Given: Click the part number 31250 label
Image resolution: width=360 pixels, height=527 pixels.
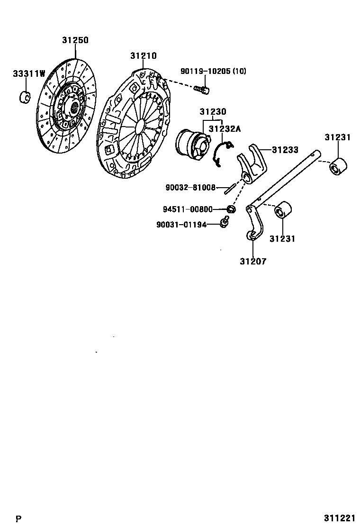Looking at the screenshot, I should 75,41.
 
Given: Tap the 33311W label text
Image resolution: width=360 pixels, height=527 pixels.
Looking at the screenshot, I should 29,73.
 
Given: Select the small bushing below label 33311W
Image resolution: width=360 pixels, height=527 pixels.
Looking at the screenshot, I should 25,96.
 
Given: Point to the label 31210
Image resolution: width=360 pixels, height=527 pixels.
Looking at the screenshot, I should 143,56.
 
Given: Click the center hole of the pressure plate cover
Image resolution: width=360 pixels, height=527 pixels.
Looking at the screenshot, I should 141,126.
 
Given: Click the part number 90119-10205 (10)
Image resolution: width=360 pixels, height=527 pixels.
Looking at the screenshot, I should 213,72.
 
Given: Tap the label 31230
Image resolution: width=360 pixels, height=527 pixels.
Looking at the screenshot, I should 213,112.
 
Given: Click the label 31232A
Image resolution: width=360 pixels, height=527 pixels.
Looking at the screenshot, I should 225,128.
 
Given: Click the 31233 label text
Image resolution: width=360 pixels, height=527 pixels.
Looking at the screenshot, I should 285,150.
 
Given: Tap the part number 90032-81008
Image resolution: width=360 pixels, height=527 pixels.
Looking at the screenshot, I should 190,188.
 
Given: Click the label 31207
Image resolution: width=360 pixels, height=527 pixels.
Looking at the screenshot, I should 252,261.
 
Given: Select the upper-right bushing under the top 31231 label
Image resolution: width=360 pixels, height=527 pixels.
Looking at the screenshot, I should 339,166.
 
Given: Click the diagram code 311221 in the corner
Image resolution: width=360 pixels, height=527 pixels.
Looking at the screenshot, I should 340,518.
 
